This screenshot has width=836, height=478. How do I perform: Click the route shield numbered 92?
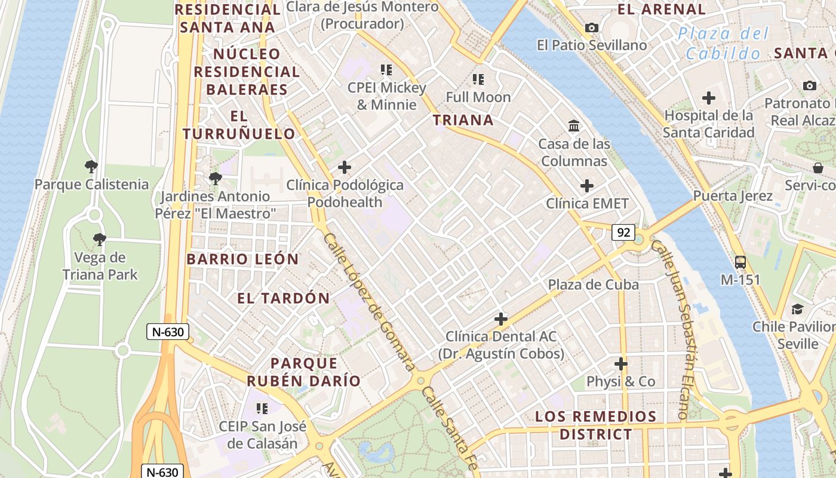point(623,232)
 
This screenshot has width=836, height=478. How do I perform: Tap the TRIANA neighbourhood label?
point(463,120)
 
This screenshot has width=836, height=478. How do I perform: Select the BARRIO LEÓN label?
point(242,259)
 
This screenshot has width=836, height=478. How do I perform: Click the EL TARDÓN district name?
point(284,298)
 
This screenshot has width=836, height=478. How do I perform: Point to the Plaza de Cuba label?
point(594,284)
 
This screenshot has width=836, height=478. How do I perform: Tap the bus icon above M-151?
point(740,262)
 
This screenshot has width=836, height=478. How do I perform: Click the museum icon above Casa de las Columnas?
point(574,126)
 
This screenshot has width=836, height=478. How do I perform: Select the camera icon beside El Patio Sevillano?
point(592,27)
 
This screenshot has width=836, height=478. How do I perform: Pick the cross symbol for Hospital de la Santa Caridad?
point(709,97)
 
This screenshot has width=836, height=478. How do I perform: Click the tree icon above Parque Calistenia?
point(91,166)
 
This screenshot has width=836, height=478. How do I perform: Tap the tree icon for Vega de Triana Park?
point(100,240)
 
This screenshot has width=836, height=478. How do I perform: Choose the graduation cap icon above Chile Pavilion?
point(797,309)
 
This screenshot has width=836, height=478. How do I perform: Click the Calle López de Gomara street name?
point(368,301)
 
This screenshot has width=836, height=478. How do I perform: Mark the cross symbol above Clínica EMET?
point(587,186)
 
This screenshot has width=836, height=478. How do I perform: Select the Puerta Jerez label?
point(733,196)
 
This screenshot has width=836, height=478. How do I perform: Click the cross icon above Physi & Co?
point(621,363)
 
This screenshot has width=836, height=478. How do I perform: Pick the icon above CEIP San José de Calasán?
point(262,409)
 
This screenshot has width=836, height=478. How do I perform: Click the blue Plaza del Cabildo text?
point(723,43)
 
